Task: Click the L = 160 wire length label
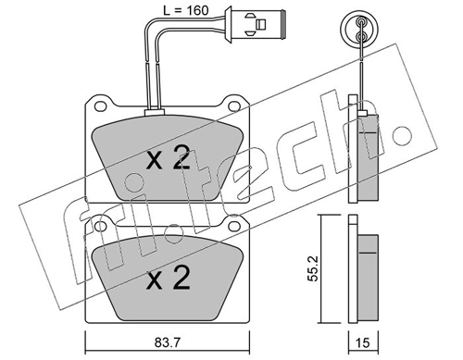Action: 186,10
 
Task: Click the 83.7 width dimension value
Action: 167,342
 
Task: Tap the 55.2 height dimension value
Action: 313,268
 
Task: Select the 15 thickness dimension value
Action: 363,342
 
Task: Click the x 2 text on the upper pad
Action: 168,157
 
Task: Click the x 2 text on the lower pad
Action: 168,277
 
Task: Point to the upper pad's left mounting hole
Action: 100,106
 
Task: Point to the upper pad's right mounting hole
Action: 234,106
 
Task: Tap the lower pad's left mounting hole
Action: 100,226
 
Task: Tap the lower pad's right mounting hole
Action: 234,226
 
